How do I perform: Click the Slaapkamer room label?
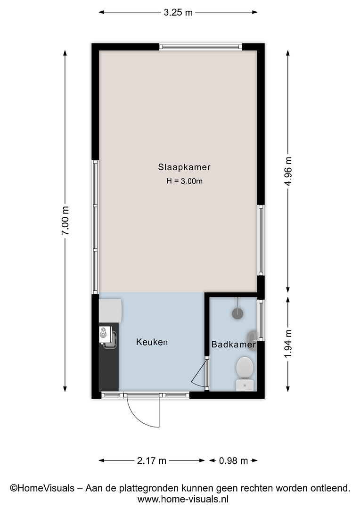(184, 167)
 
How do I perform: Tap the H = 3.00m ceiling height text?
(184, 181)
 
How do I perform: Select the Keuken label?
(152, 342)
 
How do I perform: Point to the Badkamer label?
(234, 345)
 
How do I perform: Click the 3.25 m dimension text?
(178, 13)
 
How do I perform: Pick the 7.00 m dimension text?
(65, 221)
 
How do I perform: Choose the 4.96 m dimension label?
(288, 171)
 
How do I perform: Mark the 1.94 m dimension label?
(288, 344)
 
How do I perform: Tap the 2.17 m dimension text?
(152, 460)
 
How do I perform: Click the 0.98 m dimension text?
(233, 460)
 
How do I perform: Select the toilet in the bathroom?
(245, 373)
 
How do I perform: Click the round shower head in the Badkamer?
(237, 312)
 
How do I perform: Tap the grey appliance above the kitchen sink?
(110, 310)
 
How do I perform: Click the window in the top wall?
(201, 47)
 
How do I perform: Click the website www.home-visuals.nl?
(183, 499)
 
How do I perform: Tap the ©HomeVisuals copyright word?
(42, 488)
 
